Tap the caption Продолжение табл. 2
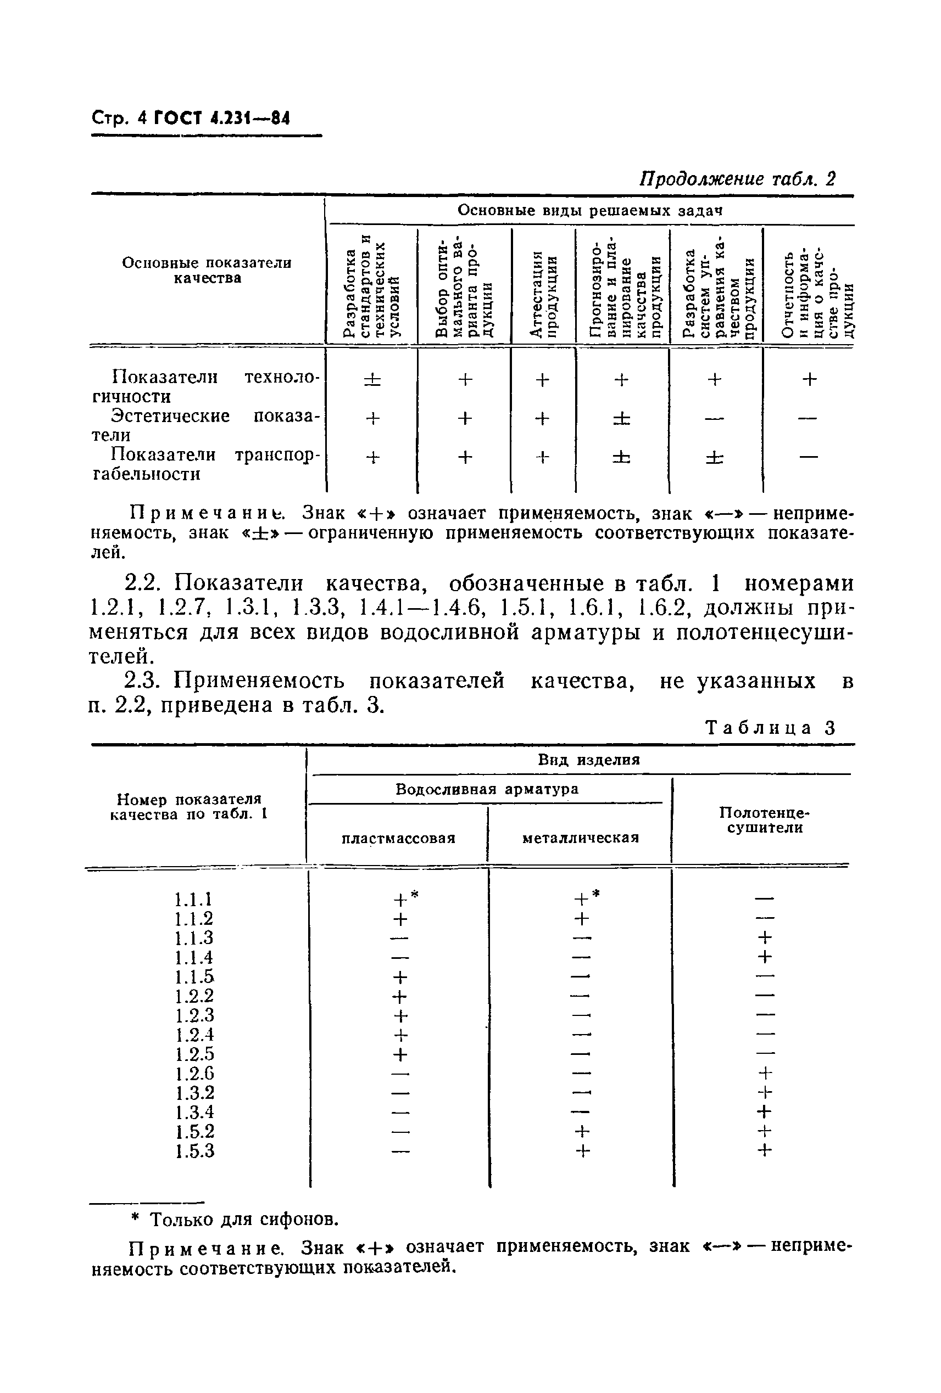pos(737,178)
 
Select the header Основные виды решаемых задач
pos(589,210)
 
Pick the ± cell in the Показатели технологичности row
pos(372,379)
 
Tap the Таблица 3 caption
pos(770,728)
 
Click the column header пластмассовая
pos(398,838)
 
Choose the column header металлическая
pos(581,838)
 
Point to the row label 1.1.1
pos(194,900)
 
